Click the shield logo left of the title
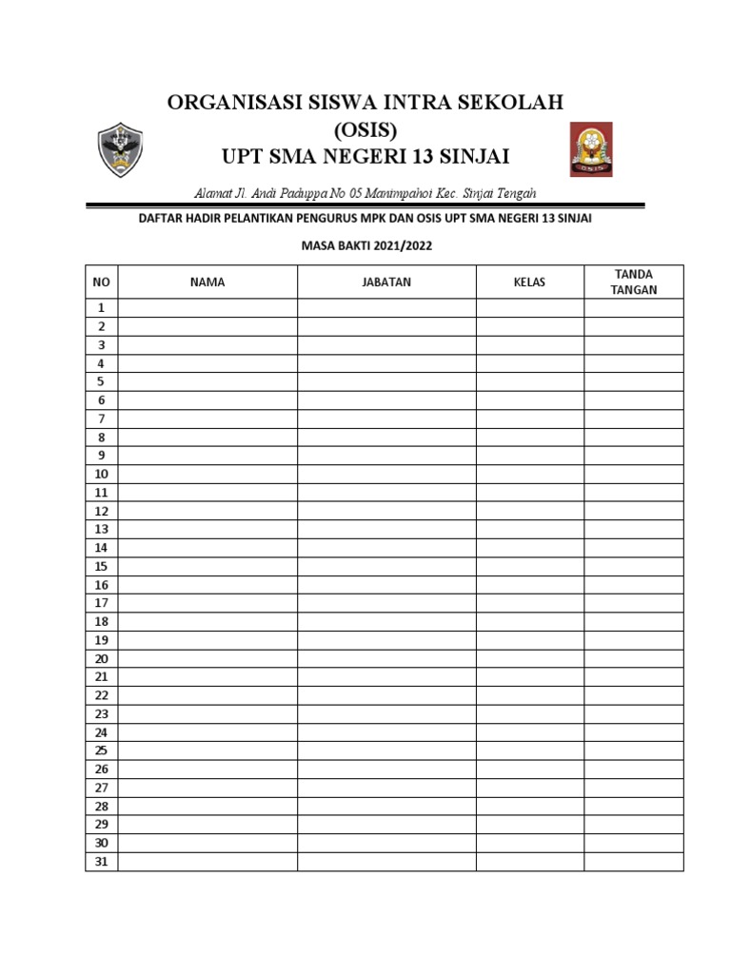coord(122,150)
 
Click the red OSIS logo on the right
coord(591,149)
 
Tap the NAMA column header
coord(207,282)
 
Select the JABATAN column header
coord(386,282)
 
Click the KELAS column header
coord(530,282)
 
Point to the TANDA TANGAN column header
coord(634,282)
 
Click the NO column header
coord(102,282)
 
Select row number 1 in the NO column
coord(102,308)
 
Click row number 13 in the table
coord(102,530)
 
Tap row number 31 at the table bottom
coord(102,862)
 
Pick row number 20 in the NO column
coord(102,659)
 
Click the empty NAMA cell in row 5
coord(207,381)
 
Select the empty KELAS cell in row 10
coord(530,474)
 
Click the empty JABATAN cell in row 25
coord(386,751)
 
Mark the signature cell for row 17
coord(634,603)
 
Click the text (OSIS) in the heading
coord(366,128)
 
